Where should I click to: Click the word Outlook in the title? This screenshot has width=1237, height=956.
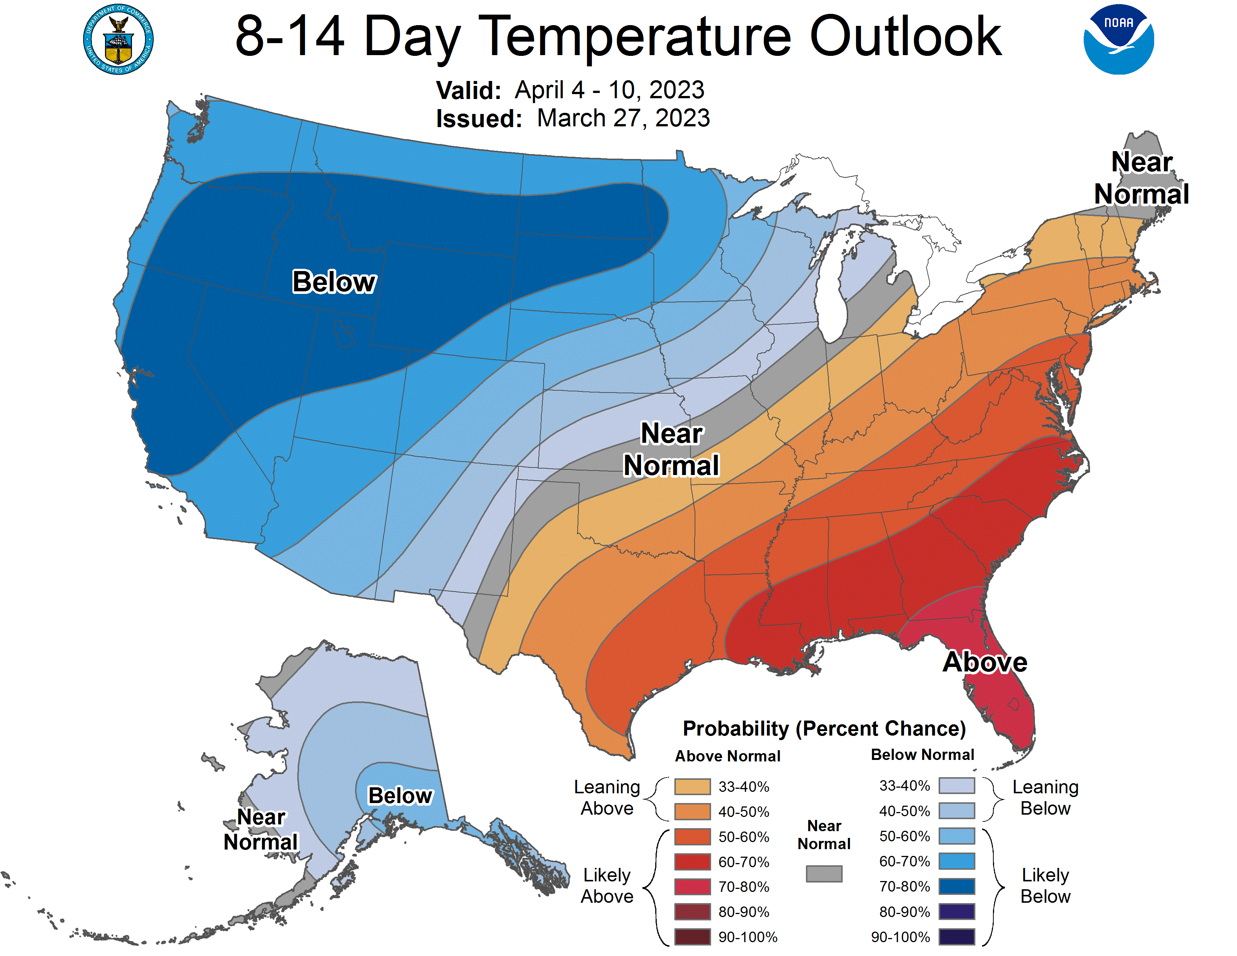[x=905, y=37]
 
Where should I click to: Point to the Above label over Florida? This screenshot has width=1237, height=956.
[x=984, y=662]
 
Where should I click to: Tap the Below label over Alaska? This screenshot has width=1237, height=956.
[x=400, y=795]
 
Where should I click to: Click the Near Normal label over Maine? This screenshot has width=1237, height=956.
[x=1141, y=178]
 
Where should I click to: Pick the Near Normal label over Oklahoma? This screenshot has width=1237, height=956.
[x=671, y=449]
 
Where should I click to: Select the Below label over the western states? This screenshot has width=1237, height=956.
[x=334, y=282]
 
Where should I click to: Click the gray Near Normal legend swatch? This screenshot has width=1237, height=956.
[x=824, y=873]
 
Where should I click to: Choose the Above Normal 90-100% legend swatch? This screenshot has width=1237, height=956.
[x=692, y=937]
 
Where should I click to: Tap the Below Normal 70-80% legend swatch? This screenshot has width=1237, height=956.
[x=957, y=886]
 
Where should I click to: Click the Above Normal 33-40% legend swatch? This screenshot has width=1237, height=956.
[x=692, y=786]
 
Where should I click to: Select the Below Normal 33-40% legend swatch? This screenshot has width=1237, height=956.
[x=957, y=785]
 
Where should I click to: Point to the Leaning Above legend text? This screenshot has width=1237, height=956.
[x=607, y=797]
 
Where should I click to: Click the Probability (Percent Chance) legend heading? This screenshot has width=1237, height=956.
[x=824, y=728]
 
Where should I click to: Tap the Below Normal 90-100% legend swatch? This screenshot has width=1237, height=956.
[x=957, y=937]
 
